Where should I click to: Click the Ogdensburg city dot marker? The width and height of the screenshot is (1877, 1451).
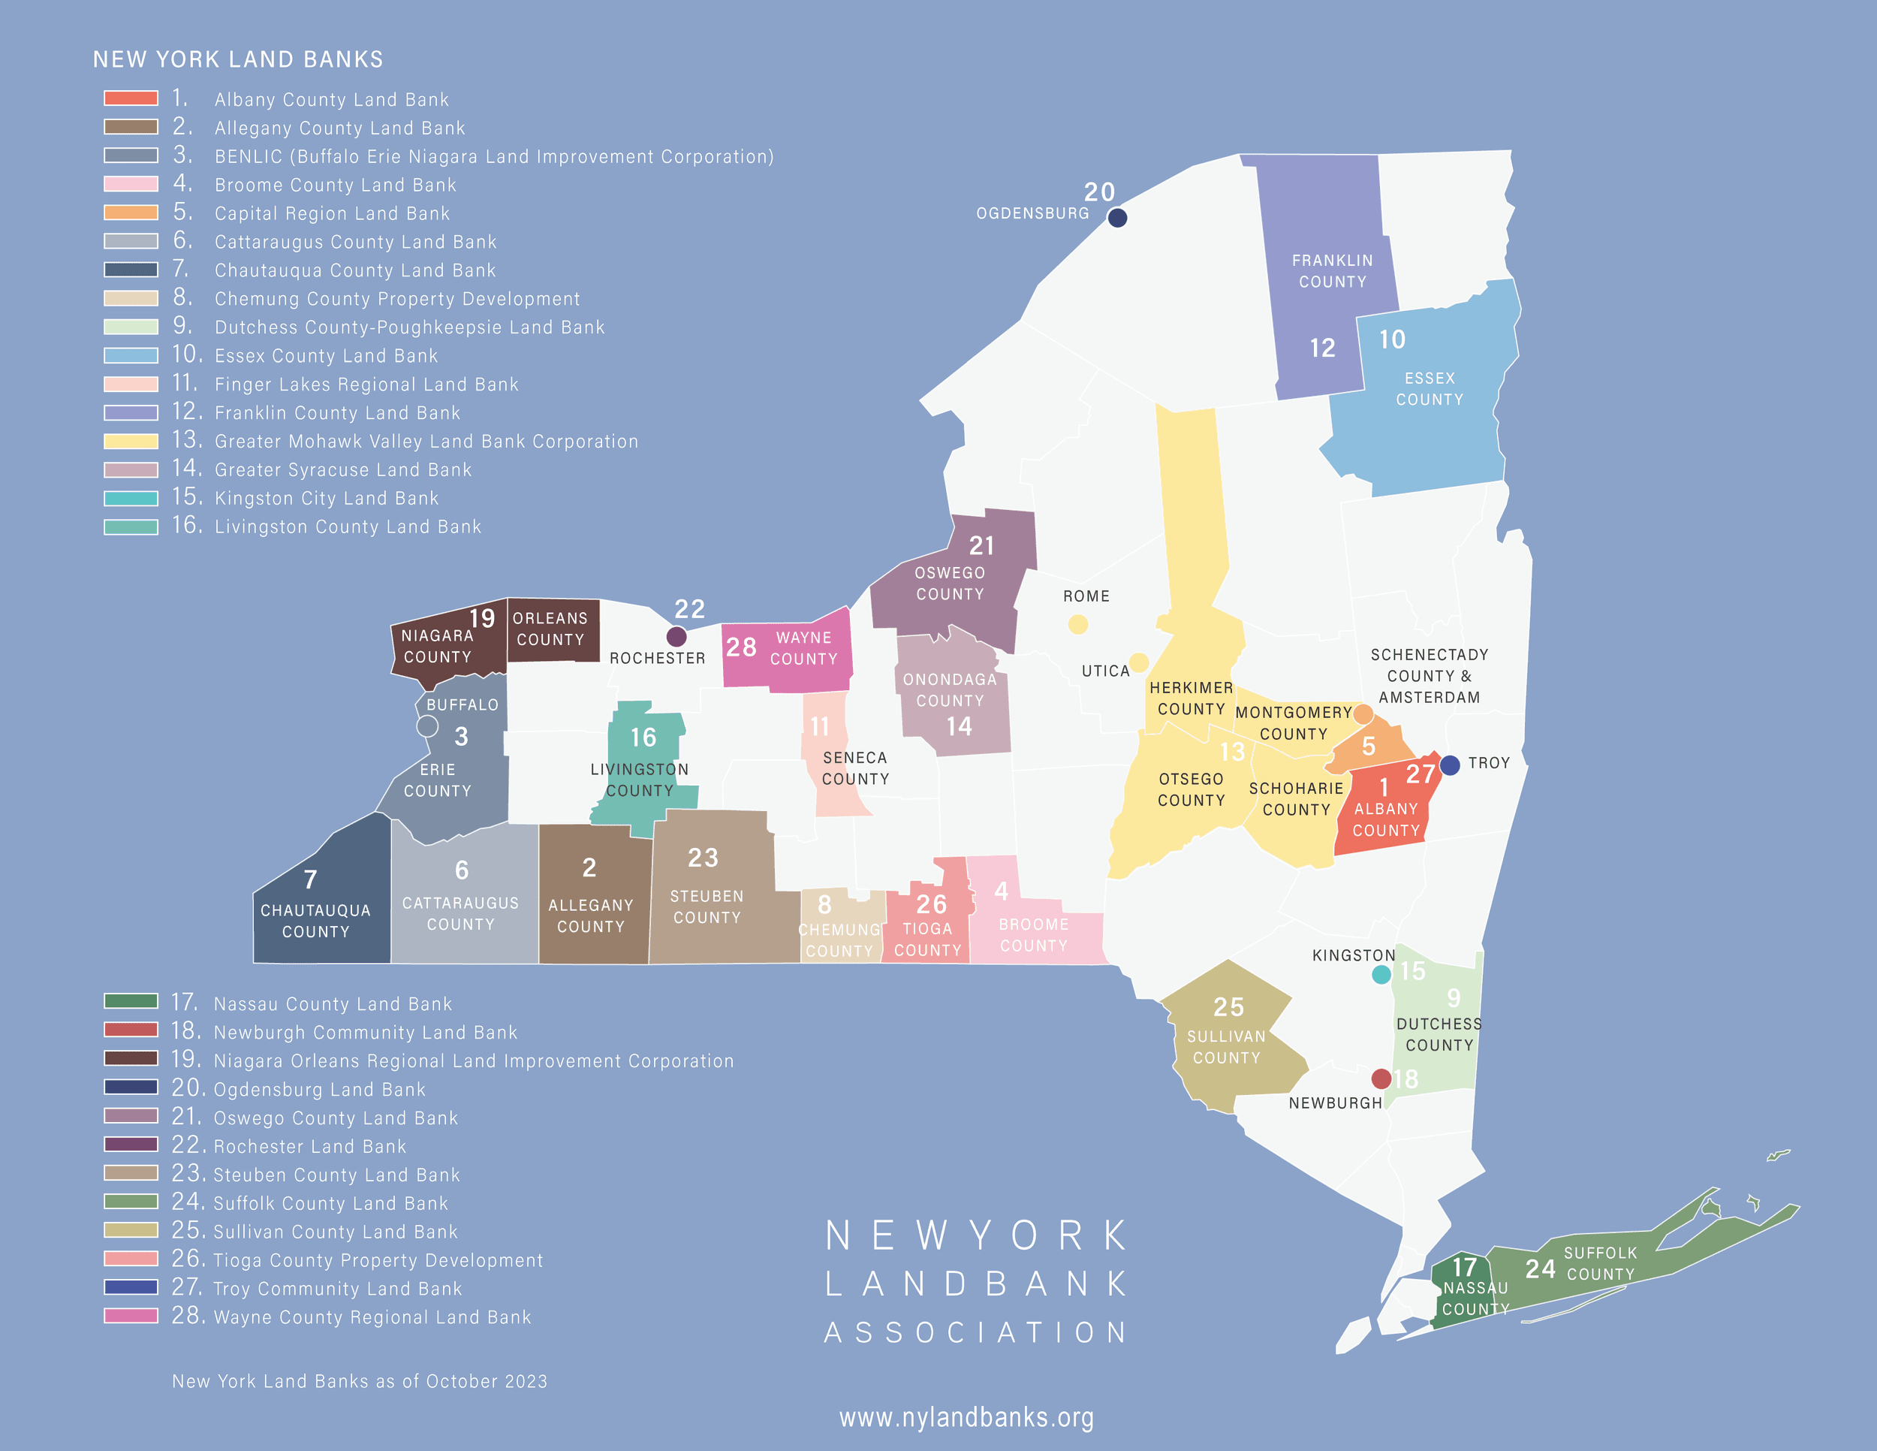(x=1117, y=218)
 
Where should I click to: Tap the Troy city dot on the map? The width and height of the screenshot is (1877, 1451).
(x=1450, y=765)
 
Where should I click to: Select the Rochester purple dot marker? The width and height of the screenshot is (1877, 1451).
(x=676, y=637)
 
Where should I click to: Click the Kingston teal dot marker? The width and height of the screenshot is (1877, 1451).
(x=1381, y=975)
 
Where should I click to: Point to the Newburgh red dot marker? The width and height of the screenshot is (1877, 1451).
(x=1381, y=1078)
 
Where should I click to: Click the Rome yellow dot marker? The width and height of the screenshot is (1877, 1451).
(x=1077, y=625)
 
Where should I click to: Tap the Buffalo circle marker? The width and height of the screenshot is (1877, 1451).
(x=427, y=726)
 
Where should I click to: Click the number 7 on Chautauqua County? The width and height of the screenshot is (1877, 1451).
(x=310, y=879)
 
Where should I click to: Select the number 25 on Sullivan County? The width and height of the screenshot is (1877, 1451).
(x=1228, y=1007)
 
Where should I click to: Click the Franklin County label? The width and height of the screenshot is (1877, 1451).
(x=1332, y=271)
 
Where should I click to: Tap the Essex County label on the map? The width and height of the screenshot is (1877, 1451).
(x=1430, y=388)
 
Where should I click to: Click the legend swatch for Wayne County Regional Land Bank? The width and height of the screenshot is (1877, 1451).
(x=131, y=1316)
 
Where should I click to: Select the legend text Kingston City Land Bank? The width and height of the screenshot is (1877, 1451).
(x=327, y=499)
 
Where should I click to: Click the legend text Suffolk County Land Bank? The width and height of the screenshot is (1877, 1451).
(x=331, y=1203)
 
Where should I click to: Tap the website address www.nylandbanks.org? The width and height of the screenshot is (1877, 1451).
(x=966, y=1417)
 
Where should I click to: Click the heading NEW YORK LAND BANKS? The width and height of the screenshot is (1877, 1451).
(x=238, y=59)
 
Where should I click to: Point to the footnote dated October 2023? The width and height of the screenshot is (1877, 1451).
(x=359, y=1381)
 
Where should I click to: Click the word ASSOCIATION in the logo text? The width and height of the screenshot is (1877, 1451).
(x=975, y=1332)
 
